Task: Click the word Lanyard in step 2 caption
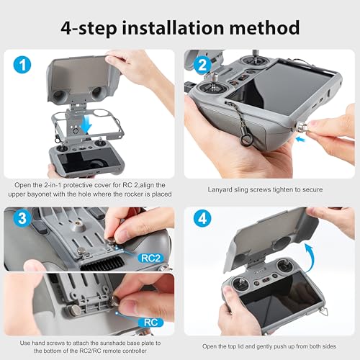(224, 189)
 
